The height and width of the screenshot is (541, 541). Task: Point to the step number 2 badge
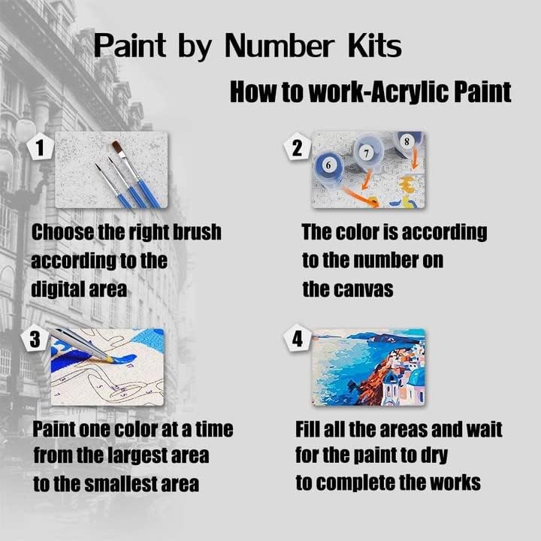pos(297,148)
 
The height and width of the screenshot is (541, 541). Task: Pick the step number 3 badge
pos(35,340)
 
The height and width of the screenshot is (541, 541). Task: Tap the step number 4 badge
pos(298,340)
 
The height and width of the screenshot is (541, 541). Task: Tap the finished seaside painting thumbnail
pos(368,365)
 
